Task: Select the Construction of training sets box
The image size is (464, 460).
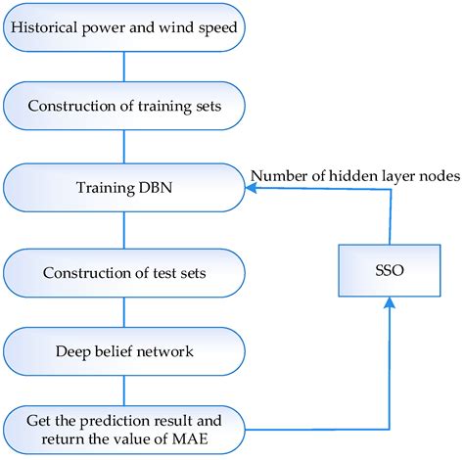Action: click(123, 105)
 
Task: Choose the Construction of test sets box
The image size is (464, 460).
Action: click(123, 268)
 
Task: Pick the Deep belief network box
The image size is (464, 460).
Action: click(123, 348)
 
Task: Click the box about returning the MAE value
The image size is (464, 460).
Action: click(123, 427)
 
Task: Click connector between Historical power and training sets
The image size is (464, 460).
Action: click(123, 66)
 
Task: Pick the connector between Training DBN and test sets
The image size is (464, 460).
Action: click(123, 226)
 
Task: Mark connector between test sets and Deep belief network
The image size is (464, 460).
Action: click(123, 308)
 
